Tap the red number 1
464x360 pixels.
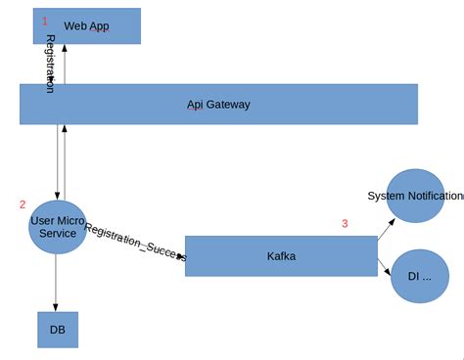[44, 20]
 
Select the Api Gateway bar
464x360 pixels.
[218, 104]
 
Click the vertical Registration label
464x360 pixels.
[50, 64]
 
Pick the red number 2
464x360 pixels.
[23, 204]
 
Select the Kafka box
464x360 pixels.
[281, 256]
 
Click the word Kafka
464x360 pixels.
[281, 256]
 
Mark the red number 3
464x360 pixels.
[345, 223]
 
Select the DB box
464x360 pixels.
[57, 330]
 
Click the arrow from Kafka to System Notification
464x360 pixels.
[386, 228]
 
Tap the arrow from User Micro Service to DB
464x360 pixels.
[56, 284]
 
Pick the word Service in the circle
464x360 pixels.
[58, 234]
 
